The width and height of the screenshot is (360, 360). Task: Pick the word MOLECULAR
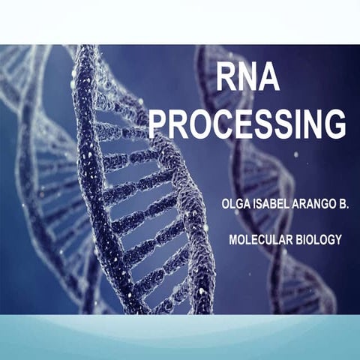point(257,239)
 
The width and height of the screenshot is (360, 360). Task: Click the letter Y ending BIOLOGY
point(339,239)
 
